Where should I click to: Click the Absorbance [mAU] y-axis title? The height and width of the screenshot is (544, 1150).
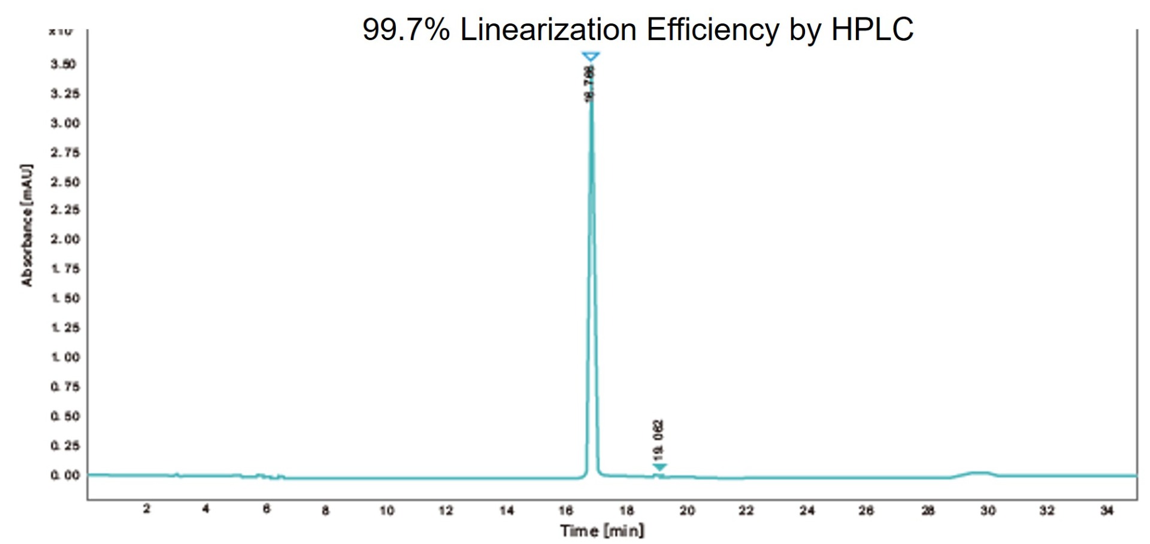click(27, 225)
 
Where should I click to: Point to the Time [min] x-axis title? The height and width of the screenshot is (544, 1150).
click(602, 531)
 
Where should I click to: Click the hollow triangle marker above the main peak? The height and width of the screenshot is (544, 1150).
click(591, 57)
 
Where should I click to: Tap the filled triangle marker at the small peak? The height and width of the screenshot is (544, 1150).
click(659, 467)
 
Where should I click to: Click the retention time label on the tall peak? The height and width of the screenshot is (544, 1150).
click(591, 84)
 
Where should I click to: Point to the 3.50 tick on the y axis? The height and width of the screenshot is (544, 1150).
click(63, 64)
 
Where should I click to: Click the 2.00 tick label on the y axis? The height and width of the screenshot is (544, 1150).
click(65, 239)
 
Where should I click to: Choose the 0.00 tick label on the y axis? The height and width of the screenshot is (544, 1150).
click(65, 475)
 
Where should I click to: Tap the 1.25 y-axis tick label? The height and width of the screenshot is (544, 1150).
click(65, 328)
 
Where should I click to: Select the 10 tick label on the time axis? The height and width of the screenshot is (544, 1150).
click(387, 510)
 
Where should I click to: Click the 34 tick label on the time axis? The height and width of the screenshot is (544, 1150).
click(1106, 510)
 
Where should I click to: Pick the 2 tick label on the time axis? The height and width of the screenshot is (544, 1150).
click(146, 509)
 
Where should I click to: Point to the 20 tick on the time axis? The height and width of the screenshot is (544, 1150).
click(687, 510)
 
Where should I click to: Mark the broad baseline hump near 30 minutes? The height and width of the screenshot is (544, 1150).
click(976, 473)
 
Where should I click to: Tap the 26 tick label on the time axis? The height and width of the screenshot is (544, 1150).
click(866, 510)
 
